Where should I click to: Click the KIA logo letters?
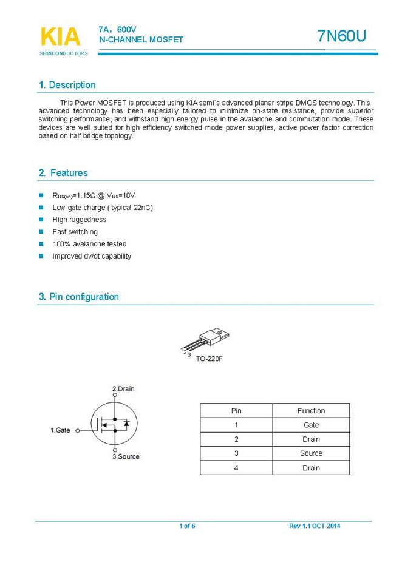click(60, 37)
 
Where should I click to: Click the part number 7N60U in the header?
click(342, 36)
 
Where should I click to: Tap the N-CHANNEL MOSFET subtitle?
click(141, 40)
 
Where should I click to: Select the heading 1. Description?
click(67, 85)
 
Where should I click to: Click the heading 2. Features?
click(63, 173)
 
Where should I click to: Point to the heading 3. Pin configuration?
click(79, 297)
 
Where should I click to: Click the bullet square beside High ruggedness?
click(41, 220)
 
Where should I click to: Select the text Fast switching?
click(75, 232)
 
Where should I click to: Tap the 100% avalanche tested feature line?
click(89, 244)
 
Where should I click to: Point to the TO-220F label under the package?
click(209, 359)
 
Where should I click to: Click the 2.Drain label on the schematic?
click(123, 388)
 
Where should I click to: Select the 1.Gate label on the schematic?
click(60, 430)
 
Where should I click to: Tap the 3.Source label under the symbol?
click(126, 456)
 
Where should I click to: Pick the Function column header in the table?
click(311, 411)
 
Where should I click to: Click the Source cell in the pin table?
click(311, 453)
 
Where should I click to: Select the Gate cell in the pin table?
click(311, 425)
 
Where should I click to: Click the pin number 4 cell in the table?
click(236, 468)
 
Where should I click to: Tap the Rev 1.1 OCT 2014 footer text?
click(315, 526)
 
